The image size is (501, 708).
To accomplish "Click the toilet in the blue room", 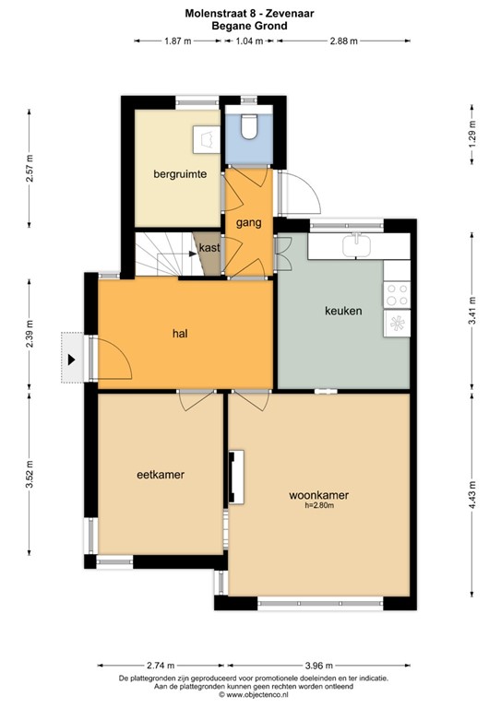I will click(x=247, y=125).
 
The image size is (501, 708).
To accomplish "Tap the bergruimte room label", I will click(x=179, y=173).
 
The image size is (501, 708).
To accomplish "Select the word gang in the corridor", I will click(x=248, y=222).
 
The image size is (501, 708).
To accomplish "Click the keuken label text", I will click(x=343, y=311).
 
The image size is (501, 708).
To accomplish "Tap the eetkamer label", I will click(x=161, y=474).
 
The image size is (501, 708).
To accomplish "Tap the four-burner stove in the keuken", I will click(x=398, y=295).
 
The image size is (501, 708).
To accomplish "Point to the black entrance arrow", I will click(x=70, y=357).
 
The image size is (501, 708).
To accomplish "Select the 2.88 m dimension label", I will click(x=343, y=41).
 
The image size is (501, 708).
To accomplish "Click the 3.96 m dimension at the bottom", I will click(x=317, y=665).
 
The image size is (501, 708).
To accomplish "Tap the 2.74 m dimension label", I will click(x=161, y=665).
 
